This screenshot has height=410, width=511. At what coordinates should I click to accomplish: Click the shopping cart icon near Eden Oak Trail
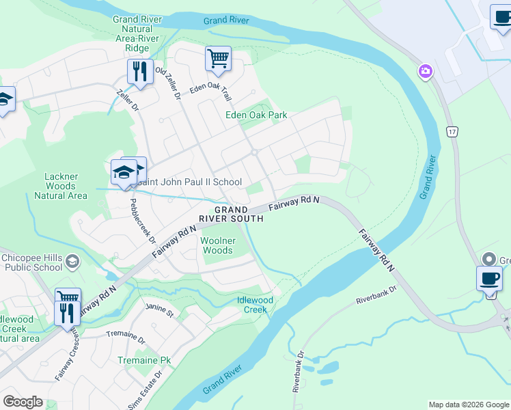click(218, 59)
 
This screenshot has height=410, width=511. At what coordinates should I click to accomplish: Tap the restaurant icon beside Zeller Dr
click(140, 71)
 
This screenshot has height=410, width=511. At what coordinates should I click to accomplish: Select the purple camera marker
click(426, 71)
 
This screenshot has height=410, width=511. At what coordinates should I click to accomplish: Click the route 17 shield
click(452, 130)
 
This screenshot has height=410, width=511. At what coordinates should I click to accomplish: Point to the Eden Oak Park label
click(256, 115)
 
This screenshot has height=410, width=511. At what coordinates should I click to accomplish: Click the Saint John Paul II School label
click(189, 182)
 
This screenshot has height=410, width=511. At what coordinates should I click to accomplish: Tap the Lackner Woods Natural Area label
click(66, 186)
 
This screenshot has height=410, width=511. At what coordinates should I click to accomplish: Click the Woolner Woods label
click(218, 245)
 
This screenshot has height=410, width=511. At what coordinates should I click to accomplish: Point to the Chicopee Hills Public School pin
click(73, 262)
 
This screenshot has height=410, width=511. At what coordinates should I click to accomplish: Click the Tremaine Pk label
click(144, 360)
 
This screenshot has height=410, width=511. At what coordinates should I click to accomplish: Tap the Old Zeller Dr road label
click(167, 84)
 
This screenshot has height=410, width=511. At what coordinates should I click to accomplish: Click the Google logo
click(23, 402)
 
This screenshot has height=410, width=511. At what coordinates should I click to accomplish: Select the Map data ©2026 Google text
click(469, 405)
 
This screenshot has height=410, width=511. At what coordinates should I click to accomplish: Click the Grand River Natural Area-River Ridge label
click(137, 33)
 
